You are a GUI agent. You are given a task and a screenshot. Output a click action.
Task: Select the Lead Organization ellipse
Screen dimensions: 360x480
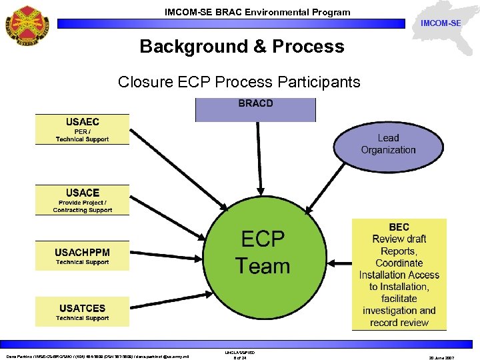pyautogui.click(x=388, y=144)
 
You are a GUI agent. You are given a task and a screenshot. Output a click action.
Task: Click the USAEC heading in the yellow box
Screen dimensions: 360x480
pyautogui.click(x=82, y=122)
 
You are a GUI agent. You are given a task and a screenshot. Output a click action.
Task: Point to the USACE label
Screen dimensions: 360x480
pyautogui.click(x=82, y=193)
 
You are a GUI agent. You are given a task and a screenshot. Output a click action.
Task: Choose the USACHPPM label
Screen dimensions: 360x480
pyautogui.click(x=82, y=252)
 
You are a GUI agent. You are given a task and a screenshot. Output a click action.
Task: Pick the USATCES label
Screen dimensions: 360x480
pyautogui.click(x=82, y=308)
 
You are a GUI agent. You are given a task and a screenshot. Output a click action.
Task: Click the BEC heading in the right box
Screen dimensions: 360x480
pyautogui.click(x=399, y=227)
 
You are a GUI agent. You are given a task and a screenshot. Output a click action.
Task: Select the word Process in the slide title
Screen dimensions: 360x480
pyautogui.click(x=309, y=47)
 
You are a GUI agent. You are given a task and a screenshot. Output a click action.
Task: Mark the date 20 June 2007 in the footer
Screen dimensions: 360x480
pyautogui.click(x=441, y=357)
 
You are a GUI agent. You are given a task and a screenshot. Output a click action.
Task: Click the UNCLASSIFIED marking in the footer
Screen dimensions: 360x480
pyautogui.click(x=240, y=352)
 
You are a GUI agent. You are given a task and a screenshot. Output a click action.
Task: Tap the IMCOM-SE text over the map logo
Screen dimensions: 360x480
pyautogui.click(x=441, y=24)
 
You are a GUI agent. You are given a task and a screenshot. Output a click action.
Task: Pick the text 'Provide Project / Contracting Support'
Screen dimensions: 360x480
pyautogui.click(x=82, y=206)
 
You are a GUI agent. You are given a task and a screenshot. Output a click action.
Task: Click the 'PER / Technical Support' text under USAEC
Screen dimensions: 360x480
pyautogui.click(x=82, y=136)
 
